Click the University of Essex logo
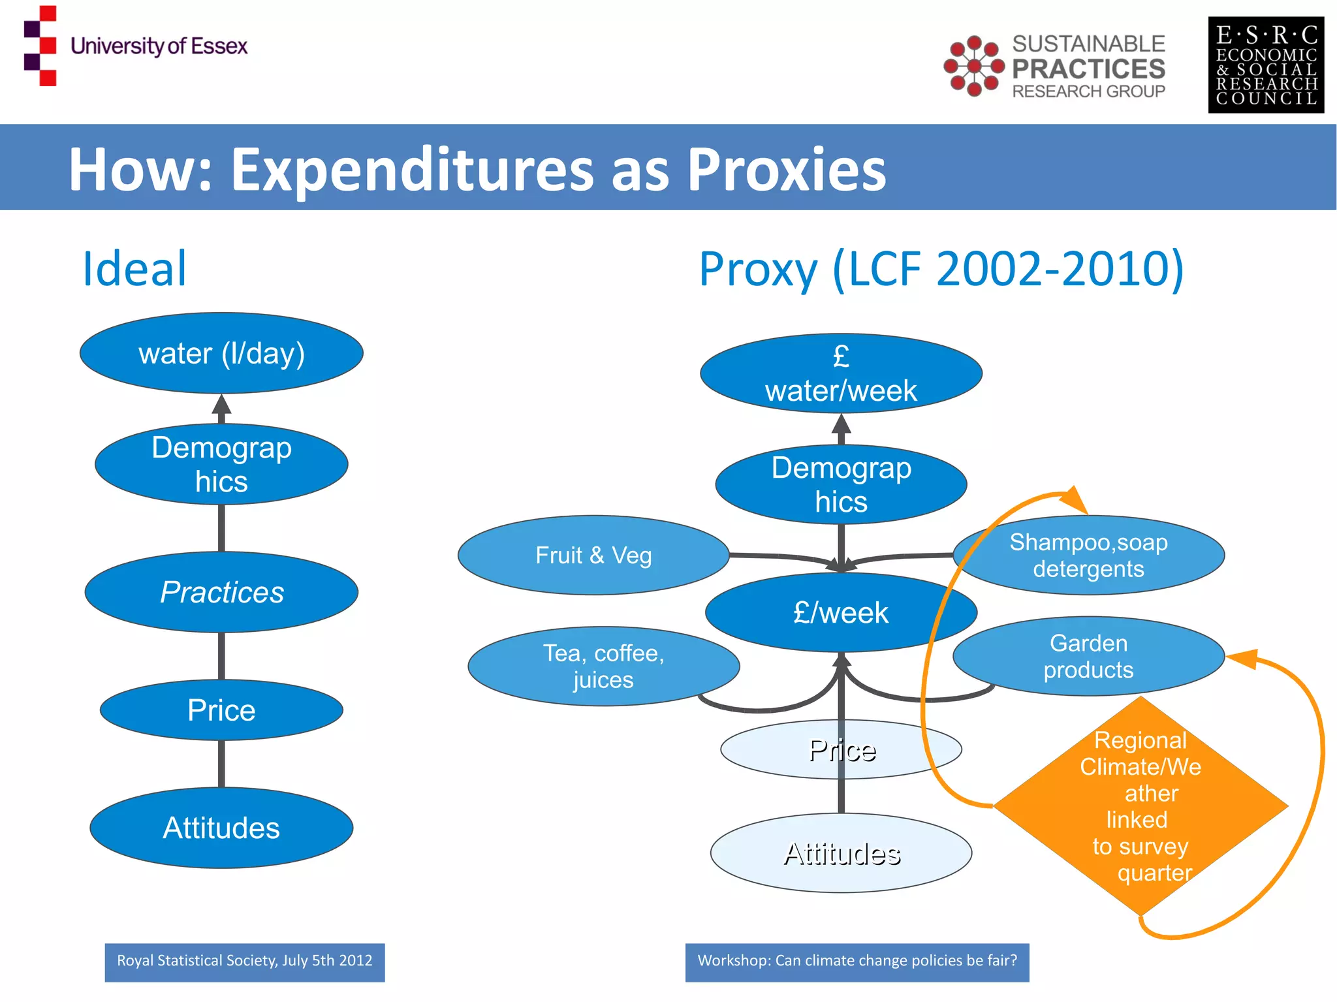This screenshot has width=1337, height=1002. coord(135,46)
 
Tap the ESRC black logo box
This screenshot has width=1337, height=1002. coord(1265,65)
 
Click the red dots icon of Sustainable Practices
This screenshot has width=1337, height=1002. coord(973,66)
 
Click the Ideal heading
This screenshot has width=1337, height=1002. coord(134,268)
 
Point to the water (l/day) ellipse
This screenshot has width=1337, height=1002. coord(221,353)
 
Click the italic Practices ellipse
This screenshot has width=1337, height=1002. coord(221,592)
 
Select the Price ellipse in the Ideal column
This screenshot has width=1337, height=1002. coord(221,710)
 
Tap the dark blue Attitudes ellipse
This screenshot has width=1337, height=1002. coord(221,828)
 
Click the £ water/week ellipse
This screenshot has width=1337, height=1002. coord(841,373)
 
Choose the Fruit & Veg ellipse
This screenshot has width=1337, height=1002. coord(593,556)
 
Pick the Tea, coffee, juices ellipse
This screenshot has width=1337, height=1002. coord(603,666)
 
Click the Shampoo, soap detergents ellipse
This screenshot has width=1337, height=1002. coord(1088,556)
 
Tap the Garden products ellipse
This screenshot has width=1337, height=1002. coord(1088,656)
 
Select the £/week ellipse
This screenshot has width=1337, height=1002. coord(841,612)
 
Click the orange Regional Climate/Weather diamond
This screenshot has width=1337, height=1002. coord(1140,806)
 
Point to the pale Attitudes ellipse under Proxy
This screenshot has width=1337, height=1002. coord(841,853)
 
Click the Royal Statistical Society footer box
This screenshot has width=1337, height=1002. coord(245,962)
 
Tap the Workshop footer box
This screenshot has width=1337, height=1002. coord(857,962)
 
